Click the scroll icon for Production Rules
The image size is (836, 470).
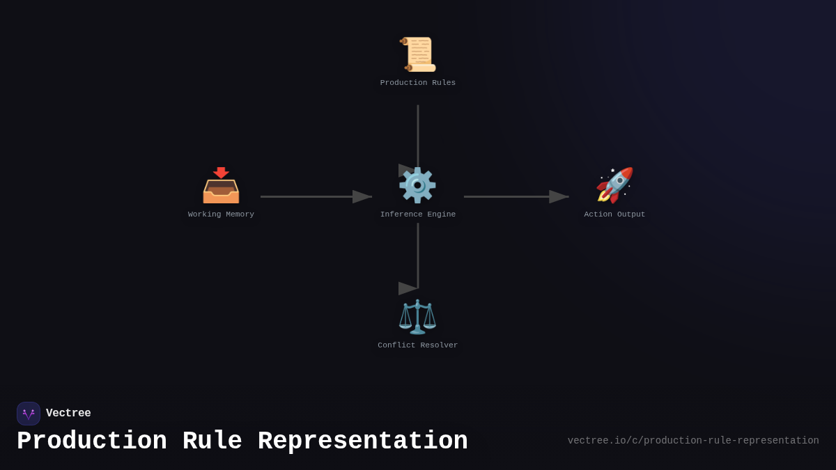point(418,54)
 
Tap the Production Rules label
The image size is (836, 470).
point(418,83)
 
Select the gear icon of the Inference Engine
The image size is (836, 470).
point(417,185)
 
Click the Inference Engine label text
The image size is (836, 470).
point(418,214)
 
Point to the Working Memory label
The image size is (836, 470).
point(221,214)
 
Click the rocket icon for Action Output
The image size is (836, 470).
point(614,185)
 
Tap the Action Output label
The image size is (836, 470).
point(614,214)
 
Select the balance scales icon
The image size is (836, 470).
point(417,317)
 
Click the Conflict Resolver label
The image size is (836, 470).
point(418,345)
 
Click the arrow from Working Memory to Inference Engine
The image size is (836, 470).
point(316,196)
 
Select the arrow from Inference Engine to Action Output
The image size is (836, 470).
point(516,196)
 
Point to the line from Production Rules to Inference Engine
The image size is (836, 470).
point(418,136)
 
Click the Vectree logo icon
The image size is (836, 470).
point(29,414)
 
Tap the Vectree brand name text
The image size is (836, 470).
point(68,414)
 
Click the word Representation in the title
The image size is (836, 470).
point(362,441)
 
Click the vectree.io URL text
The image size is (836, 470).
point(692,441)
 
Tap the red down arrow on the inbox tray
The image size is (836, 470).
point(221,172)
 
